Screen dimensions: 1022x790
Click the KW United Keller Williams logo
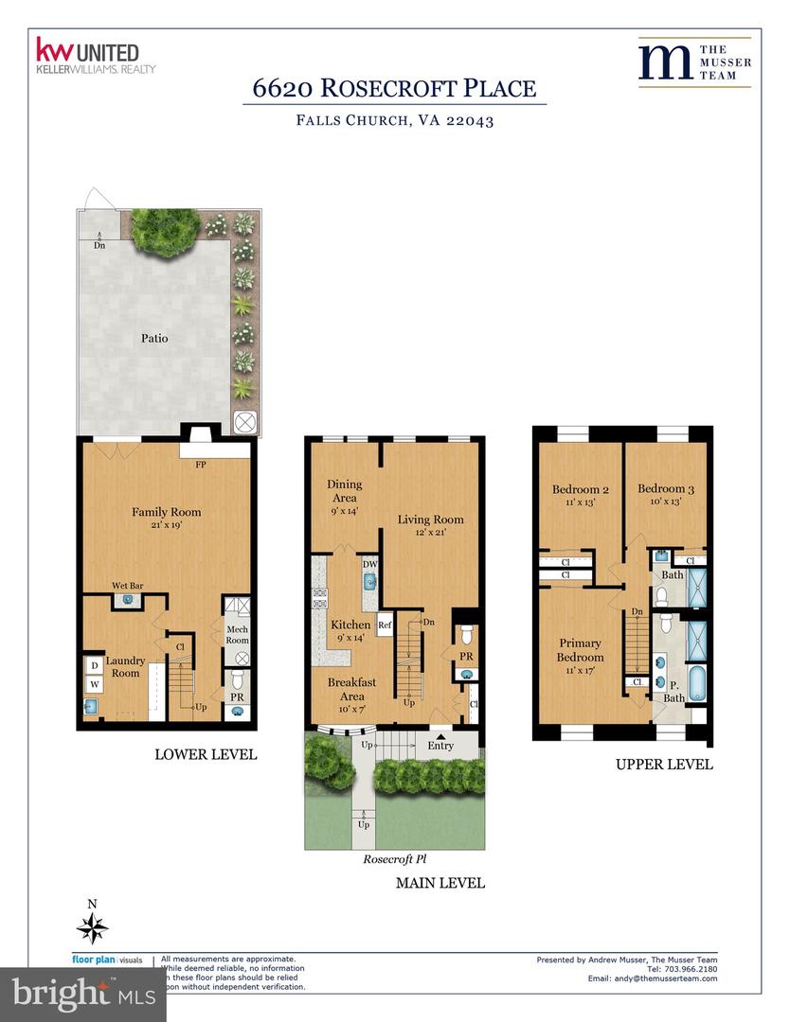pyautogui.click(x=95, y=56)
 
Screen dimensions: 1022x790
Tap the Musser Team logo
pyautogui.click(x=694, y=62)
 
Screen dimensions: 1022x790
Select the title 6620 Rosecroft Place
pyautogui.click(x=394, y=89)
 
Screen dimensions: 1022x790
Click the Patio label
pyautogui.click(x=154, y=338)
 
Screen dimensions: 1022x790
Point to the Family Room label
pyautogui.click(x=166, y=512)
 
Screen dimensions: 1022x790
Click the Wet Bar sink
pyautogui.click(x=128, y=600)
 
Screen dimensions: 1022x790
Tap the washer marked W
pyautogui.click(x=95, y=681)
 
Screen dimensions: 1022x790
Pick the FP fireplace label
pyautogui.click(x=201, y=466)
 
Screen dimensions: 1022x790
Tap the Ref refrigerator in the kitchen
pyautogui.click(x=385, y=626)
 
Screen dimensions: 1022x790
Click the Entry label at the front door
pyautogui.click(x=440, y=746)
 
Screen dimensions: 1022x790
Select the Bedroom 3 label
pyautogui.click(x=665, y=489)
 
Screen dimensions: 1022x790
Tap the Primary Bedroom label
pyautogui.click(x=580, y=650)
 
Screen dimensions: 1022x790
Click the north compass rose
pyautogui.click(x=92, y=927)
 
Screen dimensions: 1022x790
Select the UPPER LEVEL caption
pyautogui.click(x=663, y=765)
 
